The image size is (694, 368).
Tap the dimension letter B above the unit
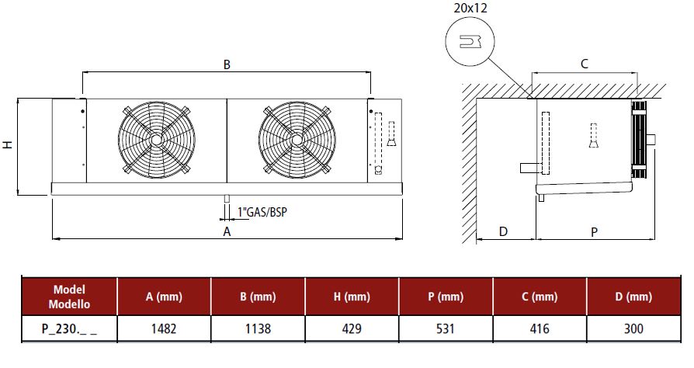click(x=227, y=64)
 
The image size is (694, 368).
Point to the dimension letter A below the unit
click(x=227, y=231)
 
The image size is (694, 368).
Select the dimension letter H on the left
click(x=7, y=144)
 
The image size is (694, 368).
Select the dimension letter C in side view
click(x=584, y=64)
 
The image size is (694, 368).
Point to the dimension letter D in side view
click(x=503, y=231)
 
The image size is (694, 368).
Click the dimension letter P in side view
click(x=594, y=231)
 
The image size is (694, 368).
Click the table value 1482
click(x=163, y=328)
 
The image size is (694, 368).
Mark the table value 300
click(x=633, y=328)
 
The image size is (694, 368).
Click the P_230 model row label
click(x=69, y=328)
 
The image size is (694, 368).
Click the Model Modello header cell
click(x=69, y=297)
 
